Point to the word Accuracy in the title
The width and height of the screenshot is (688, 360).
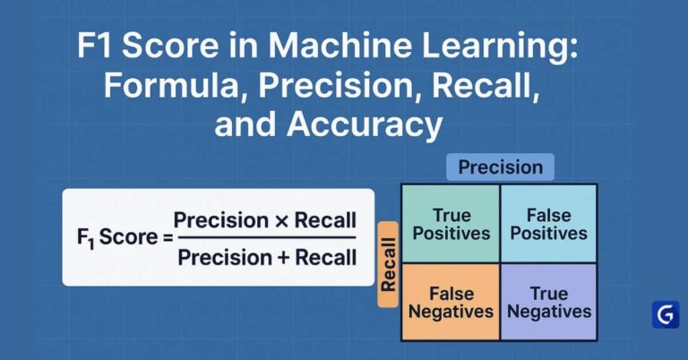(x=365, y=125)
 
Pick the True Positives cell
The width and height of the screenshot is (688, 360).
(x=451, y=224)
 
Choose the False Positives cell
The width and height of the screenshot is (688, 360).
(x=548, y=224)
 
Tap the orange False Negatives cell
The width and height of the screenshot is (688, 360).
(x=451, y=302)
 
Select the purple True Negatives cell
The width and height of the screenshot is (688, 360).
(x=548, y=302)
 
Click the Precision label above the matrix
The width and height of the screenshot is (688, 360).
(x=500, y=167)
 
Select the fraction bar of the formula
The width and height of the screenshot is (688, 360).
(x=266, y=239)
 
